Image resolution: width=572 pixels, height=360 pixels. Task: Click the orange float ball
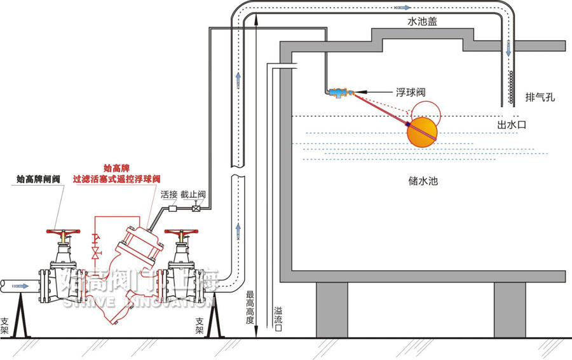[x=423, y=130]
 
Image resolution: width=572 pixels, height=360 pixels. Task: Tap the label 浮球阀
[x=411, y=93]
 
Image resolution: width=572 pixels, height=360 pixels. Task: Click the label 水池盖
[x=423, y=21]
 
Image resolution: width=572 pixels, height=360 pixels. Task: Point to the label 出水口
[x=512, y=125]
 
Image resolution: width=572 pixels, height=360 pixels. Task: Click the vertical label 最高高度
[x=250, y=308]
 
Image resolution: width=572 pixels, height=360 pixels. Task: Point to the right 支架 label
[x=200, y=326]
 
